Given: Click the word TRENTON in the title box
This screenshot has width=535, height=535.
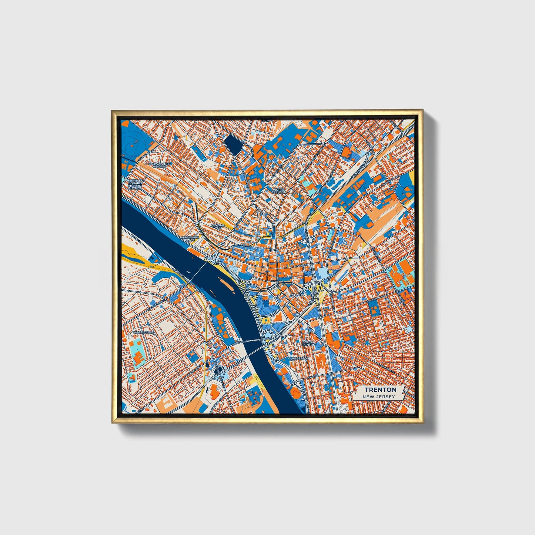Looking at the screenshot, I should click(380, 389).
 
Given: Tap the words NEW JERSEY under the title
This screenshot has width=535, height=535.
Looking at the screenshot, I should click(378, 397).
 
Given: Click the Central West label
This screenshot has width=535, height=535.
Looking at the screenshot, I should click(218, 226).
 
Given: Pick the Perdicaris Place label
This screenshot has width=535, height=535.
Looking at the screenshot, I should click(188, 238).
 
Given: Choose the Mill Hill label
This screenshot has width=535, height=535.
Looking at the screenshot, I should click(298, 294).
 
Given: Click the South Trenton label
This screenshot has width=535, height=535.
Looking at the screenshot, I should click(308, 343).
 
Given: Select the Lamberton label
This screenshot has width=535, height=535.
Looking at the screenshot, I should click(299, 359).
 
